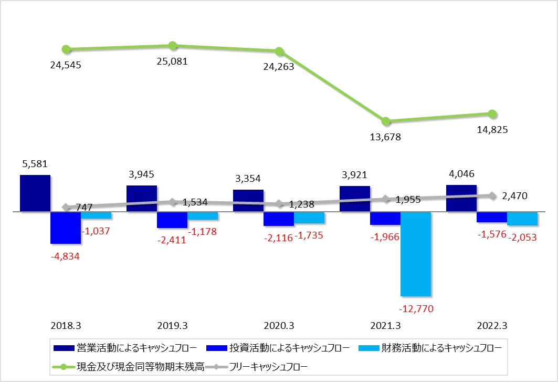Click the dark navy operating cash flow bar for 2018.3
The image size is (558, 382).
tap(35, 193)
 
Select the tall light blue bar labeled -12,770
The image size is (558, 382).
tap(416, 253)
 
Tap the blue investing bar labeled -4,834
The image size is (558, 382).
tap(66, 228)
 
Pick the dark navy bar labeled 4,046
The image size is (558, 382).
tap(461, 198)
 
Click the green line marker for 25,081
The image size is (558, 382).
tap(173, 46)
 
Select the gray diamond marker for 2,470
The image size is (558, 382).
tap(492, 195)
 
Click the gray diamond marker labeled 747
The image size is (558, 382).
tap(66, 207)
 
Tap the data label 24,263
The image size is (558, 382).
tap(279, 67)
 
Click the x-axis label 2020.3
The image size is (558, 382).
tap(279, 325)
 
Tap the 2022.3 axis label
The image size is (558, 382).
tap(492, 325)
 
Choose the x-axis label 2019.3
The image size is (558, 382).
tap(173, 325)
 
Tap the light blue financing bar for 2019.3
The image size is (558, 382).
tap(203, 215)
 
